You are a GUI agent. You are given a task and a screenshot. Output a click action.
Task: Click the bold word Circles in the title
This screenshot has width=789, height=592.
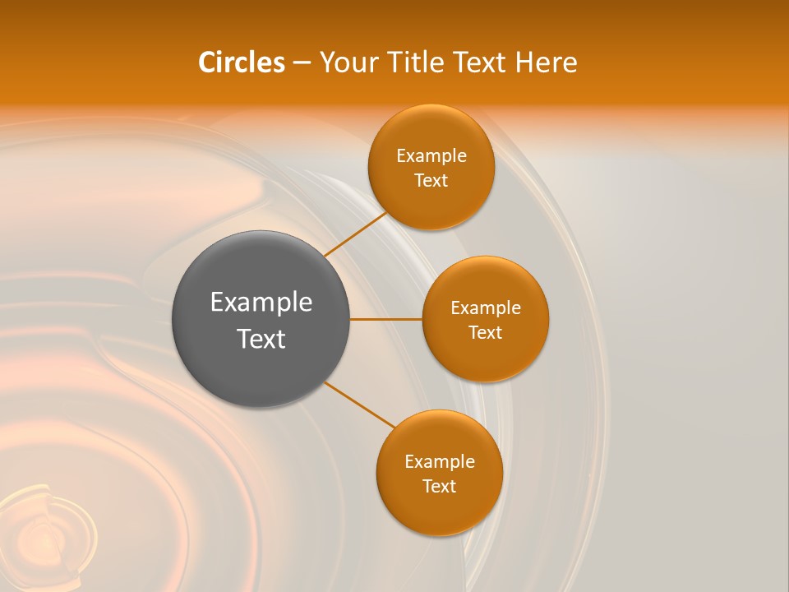point(242,62)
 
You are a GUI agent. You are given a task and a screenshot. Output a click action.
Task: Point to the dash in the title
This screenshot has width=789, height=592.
point(302,63)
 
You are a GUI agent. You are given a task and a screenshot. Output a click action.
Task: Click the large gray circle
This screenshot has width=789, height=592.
point(261,319)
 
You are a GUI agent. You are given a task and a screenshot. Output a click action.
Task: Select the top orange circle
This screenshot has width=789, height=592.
point(431,167)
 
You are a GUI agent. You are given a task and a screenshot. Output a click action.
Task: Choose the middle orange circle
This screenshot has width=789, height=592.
point(485,319)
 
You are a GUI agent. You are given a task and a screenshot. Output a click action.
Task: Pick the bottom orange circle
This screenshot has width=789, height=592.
point(439,473)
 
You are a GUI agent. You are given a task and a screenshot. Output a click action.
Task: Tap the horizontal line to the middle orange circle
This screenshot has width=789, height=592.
point(385,319)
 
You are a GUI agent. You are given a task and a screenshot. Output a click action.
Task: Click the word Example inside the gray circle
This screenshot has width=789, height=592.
point(261,303)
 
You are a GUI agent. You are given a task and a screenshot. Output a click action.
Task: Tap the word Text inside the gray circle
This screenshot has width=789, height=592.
point(261,339)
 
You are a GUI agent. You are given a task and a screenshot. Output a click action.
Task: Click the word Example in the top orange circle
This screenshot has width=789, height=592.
point(431,155)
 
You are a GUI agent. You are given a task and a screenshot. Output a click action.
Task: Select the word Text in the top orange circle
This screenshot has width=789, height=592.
point(431,180)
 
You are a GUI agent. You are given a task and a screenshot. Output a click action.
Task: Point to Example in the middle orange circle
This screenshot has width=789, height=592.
point(485,308)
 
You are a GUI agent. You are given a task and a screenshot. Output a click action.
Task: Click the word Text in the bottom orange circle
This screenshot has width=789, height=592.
point(439,486)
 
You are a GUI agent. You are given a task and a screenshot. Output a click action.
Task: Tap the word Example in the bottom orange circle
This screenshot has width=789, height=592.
point(439,461)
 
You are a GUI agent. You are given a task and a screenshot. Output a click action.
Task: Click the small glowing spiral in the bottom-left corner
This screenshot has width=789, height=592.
point(45,534)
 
